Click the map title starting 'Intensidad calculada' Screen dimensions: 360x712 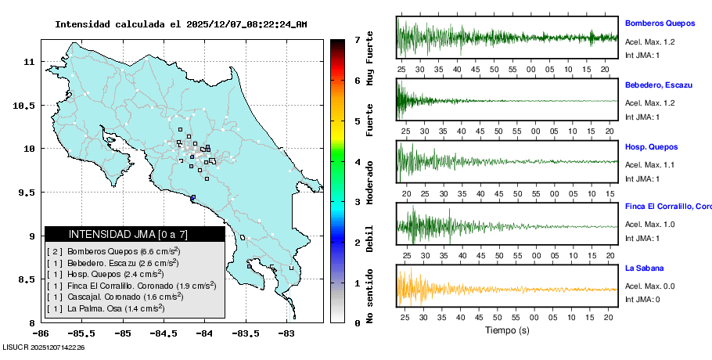click(x=181, y=24)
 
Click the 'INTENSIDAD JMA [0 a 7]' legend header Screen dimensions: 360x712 click(x=135, y=234)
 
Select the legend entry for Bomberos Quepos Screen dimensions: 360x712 click(x=113, y=251)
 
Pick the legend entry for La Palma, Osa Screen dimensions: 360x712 click(x=106, y=309)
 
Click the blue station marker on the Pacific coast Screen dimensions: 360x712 click(x=193, y=197)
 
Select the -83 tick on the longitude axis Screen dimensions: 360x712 click(x=286, y=333)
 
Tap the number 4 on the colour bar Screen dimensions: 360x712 click(x=356, y=162)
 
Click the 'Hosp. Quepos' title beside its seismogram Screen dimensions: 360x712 click(x=650, y=146)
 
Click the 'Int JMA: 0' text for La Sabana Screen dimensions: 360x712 click(x=642, y=299)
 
